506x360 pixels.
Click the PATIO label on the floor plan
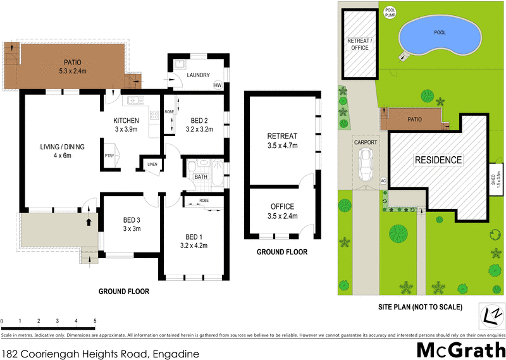pos(71,62)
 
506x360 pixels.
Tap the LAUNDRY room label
pos(198,75)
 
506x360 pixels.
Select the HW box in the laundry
pos(218,85)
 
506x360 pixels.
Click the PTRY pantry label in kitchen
pos(109,156)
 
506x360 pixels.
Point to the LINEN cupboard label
pos(152,164)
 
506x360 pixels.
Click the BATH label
pos(201,177)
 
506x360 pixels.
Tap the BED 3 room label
pos(132,221)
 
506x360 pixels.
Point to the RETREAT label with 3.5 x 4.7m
pos(282,136)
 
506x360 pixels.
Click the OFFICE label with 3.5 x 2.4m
pos(282,207)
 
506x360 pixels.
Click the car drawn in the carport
pos(365,166)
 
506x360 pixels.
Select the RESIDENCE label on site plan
pos(438,160)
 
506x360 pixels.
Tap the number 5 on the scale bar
pos(95,321)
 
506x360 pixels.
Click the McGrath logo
pos(461,349)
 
